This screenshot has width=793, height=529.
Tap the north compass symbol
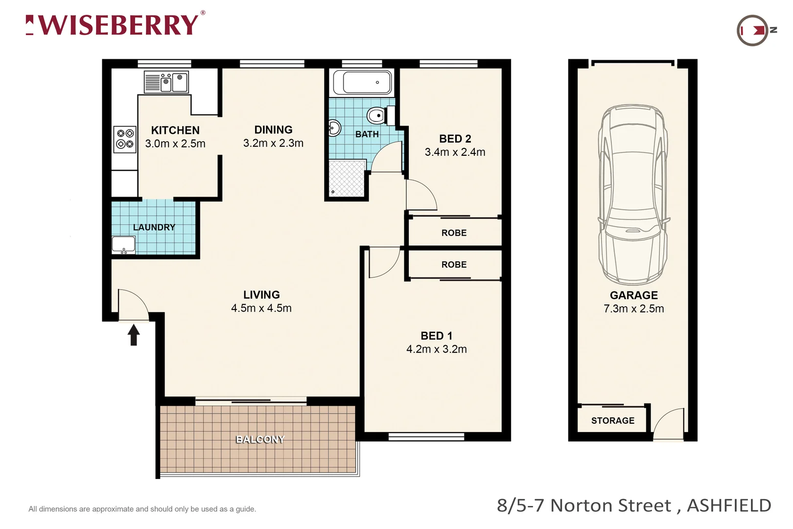754,30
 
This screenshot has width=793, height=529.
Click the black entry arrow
134,336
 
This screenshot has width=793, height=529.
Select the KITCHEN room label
175,130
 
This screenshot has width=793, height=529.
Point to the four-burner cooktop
125,139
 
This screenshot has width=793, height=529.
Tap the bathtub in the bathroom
362,82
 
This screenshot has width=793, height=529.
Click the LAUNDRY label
154,227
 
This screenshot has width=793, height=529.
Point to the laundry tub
123,244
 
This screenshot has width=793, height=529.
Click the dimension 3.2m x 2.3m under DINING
273,143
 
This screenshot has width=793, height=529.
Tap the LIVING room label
261,295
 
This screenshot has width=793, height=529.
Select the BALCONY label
260,439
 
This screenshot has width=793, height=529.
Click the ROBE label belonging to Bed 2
454,233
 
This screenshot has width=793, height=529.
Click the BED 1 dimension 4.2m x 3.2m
436,349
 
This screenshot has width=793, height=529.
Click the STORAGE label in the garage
612,421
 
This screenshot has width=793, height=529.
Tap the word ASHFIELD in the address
729,505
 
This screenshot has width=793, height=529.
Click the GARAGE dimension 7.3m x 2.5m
633,309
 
